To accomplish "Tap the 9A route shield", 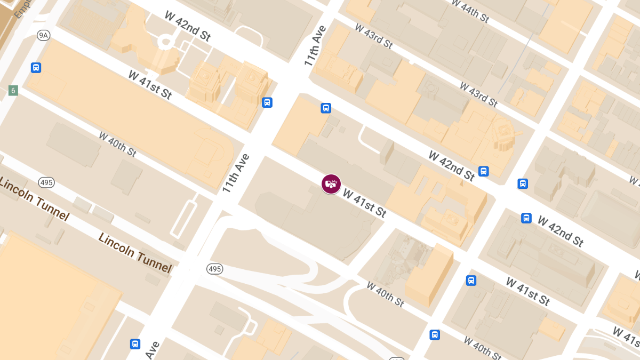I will pos(43,35).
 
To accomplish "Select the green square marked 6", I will pos(13,91).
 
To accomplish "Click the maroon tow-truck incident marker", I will pos(331,184).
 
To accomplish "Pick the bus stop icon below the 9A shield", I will pos(36,68).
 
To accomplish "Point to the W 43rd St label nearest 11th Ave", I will pos(373,37).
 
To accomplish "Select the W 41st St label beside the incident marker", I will pos(364,203).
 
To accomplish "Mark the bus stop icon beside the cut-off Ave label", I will pos(135,344).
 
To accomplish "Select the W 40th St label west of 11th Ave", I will pos(117,143).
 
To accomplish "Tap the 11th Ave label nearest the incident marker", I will pos(236,173).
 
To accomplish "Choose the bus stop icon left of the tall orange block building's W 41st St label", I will pos(471,280).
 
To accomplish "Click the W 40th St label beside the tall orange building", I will pos(385,294).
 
